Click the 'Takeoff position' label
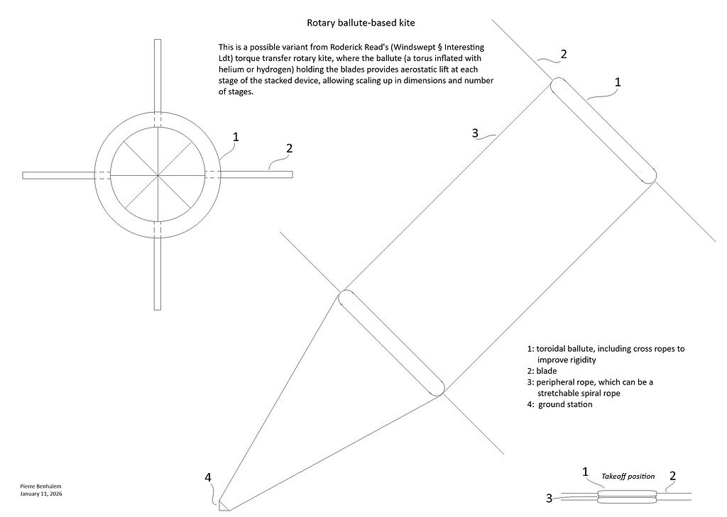(628, 476)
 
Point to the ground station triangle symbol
(222, 505)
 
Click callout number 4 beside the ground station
(208, 478)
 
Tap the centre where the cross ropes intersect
(158, 174)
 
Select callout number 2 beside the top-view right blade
(289, 148)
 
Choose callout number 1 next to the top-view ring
(236, 136)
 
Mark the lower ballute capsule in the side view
(391, 343)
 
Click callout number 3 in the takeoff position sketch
(550, 498)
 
